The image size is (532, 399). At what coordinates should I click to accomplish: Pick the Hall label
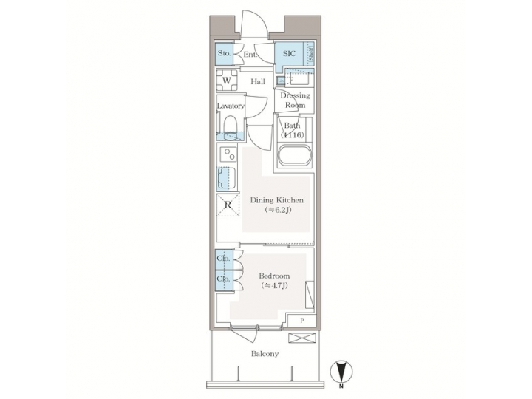(258, 81)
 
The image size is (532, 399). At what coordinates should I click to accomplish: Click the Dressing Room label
(295, 100)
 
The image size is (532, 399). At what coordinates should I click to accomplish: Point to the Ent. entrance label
(250, 54)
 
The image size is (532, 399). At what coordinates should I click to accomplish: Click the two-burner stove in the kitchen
(228, 157)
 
